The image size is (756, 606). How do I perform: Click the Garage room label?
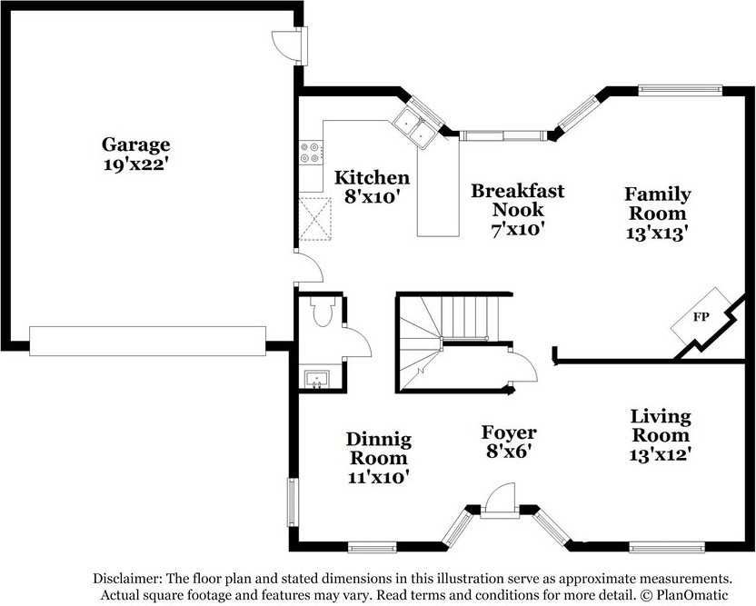tap(135, 145)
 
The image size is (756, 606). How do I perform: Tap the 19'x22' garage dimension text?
tap(136, 164)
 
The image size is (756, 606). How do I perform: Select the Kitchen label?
tap(372, 177)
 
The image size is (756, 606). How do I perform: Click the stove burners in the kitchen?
tap(311, 153)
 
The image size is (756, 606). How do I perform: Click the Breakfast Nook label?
tap(517, 200)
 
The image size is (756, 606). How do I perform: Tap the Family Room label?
tap(658, 204)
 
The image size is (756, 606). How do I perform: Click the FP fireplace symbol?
tap(701, 317)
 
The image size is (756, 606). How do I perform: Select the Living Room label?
tap(661, 425)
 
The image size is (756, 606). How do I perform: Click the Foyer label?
tap(509, 432)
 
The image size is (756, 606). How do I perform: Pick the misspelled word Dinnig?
tap(379, 439)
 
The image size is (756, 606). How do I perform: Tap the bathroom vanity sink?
tap(317, 379)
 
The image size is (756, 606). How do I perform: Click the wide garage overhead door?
tap(147, 342)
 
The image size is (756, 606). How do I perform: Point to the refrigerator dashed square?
tap(315, 219)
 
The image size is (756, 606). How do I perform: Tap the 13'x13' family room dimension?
tap(657, 233)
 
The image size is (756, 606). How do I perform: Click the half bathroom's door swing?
tap(357, 342)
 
